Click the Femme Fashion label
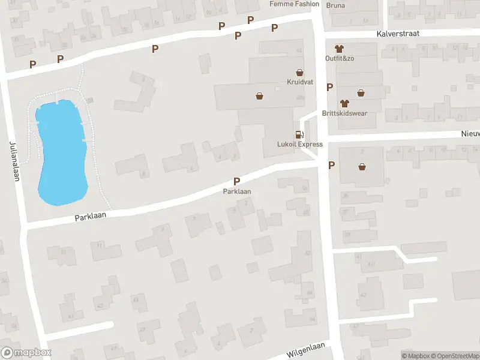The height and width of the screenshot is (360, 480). [x=295, y=4]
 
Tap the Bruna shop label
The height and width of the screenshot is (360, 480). [x=336, y=6]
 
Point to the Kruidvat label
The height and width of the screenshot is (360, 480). [x=299, y=82]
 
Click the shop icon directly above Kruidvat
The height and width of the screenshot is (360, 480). [x=299, y=72]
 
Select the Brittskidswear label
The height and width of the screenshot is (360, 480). [x=344, y=113]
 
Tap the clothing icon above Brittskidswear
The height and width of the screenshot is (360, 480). [x=344, y=103]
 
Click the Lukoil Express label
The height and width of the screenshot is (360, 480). [x=300, y=144]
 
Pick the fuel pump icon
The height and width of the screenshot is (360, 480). [x=298, y=134]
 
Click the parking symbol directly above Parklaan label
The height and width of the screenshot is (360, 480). [x=237, y=181]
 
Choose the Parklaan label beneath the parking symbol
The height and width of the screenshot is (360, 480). [x=237, y=191]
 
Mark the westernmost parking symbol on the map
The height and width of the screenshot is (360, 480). [x=32, y=64]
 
